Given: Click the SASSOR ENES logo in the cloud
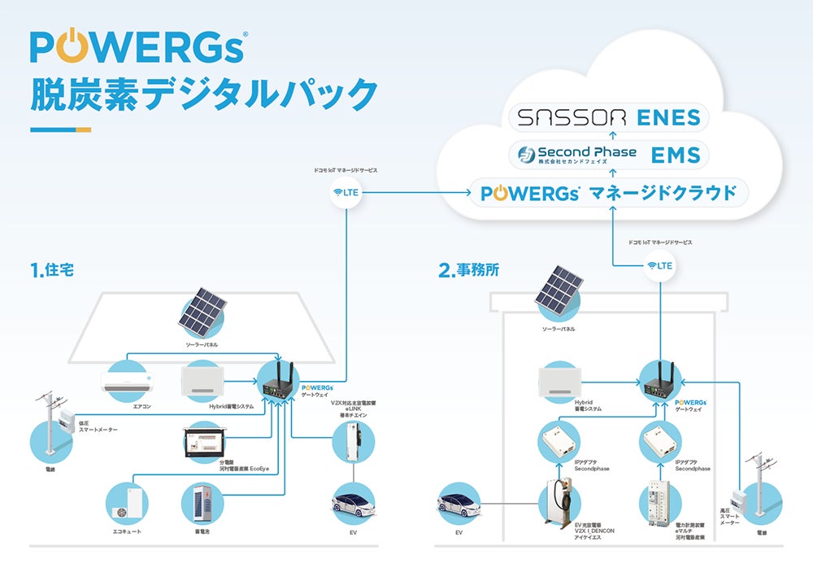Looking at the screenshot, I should (x=609, y=117).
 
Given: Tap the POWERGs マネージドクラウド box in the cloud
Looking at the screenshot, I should (x=609, y=193).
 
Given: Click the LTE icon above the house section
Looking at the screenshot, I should (x=345, y=193).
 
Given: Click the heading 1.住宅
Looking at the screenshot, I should (x=51, y=270).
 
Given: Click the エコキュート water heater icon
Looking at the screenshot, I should (x=128, y=503).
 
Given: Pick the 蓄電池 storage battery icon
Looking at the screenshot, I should (x=202, y=503).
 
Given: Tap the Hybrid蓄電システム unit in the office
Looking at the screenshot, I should (x=560, y=381).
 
